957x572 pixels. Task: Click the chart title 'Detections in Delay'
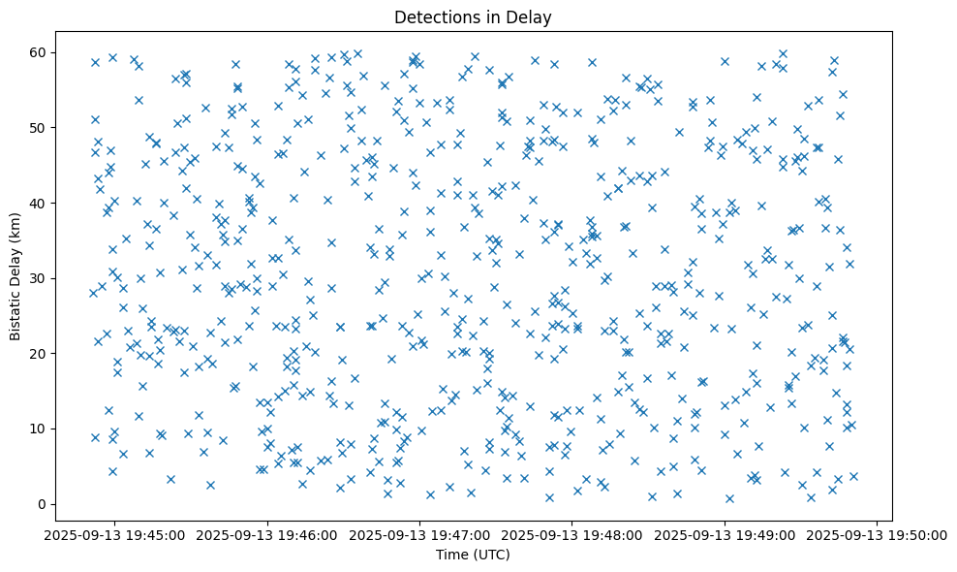pyautogui.click(x=473, y=16)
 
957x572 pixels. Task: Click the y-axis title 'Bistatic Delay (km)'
pyautogui.click(x=16, y=277)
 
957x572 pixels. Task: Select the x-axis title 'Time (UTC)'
pyautogui.click(x=473, y=555)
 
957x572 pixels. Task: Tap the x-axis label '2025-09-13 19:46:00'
pyautogui.click(x=267, y=535)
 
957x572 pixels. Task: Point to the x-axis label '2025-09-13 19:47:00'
pyautogui.click(x=419, y=535)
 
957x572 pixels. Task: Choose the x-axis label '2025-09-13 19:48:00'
pyautogui.click(x=572, y=535)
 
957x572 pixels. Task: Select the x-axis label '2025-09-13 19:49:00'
pyautogui.click(x=725, y=535)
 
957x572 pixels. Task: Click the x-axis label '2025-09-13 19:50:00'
pyautogui.click(x=878, y=535)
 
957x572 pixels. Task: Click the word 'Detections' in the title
pyautogui.click(x=432, y=16)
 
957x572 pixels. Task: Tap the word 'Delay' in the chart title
pyautogui.click(x=533, y=16)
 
